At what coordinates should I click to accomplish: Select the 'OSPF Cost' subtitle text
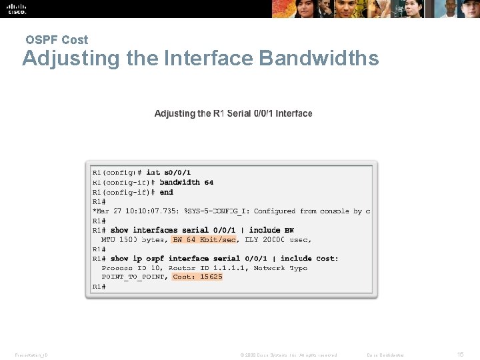[x=57, y=40]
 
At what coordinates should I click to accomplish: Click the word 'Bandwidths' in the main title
[x=319, y=59]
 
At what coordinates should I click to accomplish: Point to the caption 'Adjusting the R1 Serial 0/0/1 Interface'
[x=233, y=113]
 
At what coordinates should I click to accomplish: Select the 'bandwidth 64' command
[x=187, y=182]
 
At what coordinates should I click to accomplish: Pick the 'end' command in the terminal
[x=167, y=192]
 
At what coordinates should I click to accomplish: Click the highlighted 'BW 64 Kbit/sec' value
[x=204, y=239]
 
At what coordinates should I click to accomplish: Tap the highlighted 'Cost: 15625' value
[x=197, y=277]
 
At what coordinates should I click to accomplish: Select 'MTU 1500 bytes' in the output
[x=133, y=239]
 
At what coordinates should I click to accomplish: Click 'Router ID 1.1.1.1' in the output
[x=209, y=267]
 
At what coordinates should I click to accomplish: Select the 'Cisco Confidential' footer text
[x=385, y=355]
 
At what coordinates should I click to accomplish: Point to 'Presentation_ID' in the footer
[x=30, y=355]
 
